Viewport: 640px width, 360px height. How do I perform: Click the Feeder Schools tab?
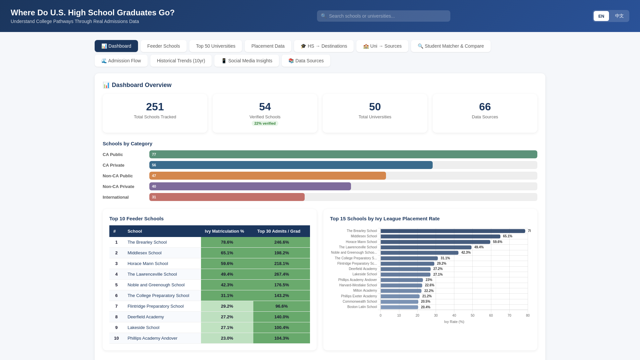[x=163, y=46]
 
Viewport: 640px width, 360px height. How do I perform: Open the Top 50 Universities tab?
[x=215, y=46]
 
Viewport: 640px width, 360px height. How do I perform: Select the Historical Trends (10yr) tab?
[x=181, y=61]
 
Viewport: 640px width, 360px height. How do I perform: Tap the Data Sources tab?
[x=306, y=61]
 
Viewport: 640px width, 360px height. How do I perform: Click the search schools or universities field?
[x=383, y=16]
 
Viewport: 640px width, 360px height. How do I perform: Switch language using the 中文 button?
[x=619, y=16]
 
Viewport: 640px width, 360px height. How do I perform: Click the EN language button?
[x=601, y=16]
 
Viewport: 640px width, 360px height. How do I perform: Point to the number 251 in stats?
[x=155, y=107]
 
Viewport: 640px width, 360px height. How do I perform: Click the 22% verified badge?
[x=265, y=123]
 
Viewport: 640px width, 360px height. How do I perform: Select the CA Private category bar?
[x=291, y=165]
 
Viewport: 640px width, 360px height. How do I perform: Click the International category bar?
[x=227, y=197]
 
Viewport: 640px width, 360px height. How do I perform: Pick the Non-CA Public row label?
[x=118, y=176]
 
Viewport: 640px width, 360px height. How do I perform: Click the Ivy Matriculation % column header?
[x=224, y=231]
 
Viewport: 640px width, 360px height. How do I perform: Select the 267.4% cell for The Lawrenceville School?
[x=281, y=274]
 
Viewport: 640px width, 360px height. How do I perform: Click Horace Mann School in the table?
[x=148, y=263]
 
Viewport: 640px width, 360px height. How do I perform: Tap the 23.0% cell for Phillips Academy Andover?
[x=227, y=338]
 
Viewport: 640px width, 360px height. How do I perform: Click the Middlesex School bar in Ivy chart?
[x=440, y=236]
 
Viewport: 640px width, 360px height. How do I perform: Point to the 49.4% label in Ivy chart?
[x=479, y=247]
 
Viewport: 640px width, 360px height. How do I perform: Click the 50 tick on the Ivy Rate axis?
[x=472, y=315]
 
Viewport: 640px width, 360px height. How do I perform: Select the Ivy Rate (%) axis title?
[x=454, y=322]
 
